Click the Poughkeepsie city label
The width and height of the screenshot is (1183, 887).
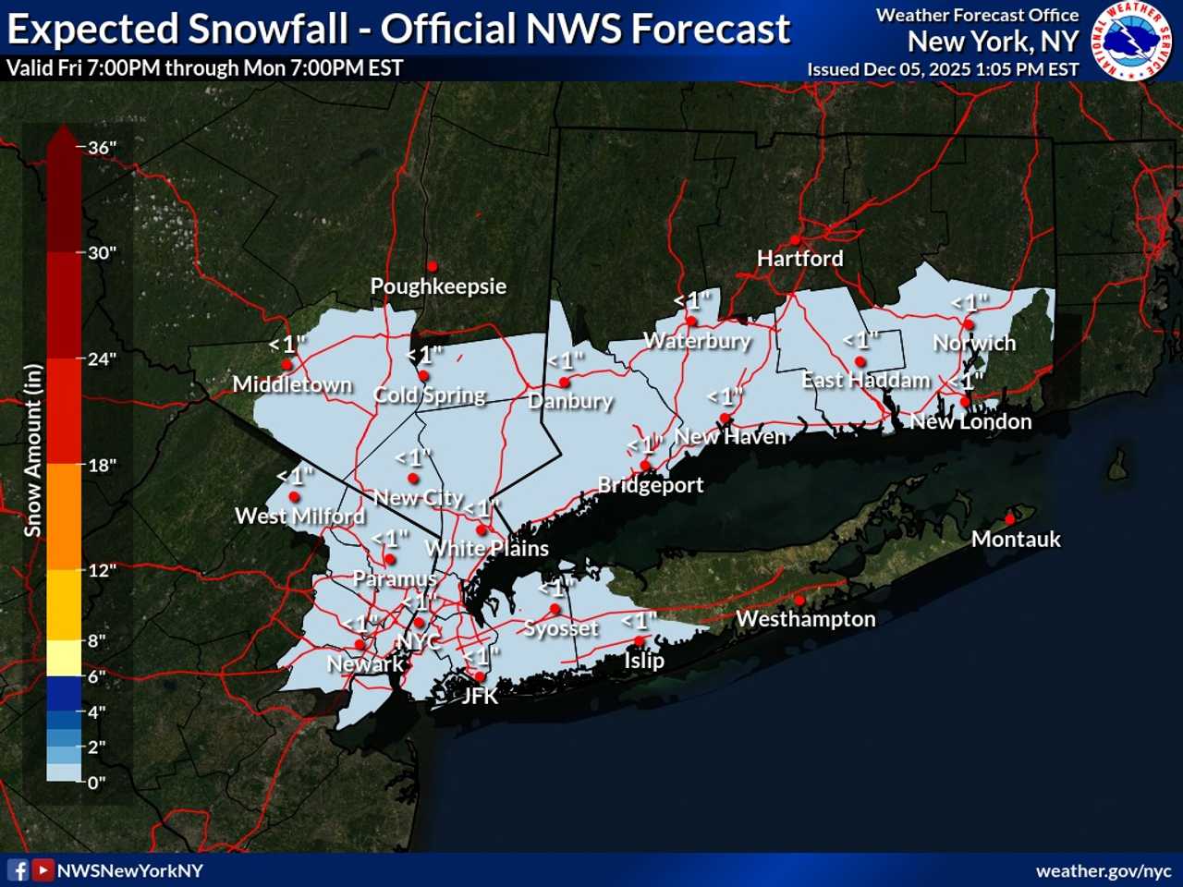438,286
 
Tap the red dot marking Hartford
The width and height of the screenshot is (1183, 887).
795,240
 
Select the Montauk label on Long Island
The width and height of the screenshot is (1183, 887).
1016,540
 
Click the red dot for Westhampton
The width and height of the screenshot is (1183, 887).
799,601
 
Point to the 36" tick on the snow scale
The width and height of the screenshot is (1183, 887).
102,148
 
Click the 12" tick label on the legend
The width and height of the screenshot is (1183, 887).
102,570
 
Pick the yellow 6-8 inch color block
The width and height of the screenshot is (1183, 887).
64,658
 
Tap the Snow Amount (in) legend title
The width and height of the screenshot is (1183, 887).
33,450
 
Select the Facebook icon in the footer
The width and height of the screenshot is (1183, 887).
18,870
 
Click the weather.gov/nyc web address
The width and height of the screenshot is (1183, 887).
1104,871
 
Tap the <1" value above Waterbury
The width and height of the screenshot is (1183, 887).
692,300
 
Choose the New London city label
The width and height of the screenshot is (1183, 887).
970,422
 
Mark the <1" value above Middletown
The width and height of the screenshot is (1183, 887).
287,345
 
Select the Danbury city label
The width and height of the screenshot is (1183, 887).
570,401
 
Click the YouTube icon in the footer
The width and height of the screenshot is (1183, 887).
43,870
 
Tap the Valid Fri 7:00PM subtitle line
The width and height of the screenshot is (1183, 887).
204,68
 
